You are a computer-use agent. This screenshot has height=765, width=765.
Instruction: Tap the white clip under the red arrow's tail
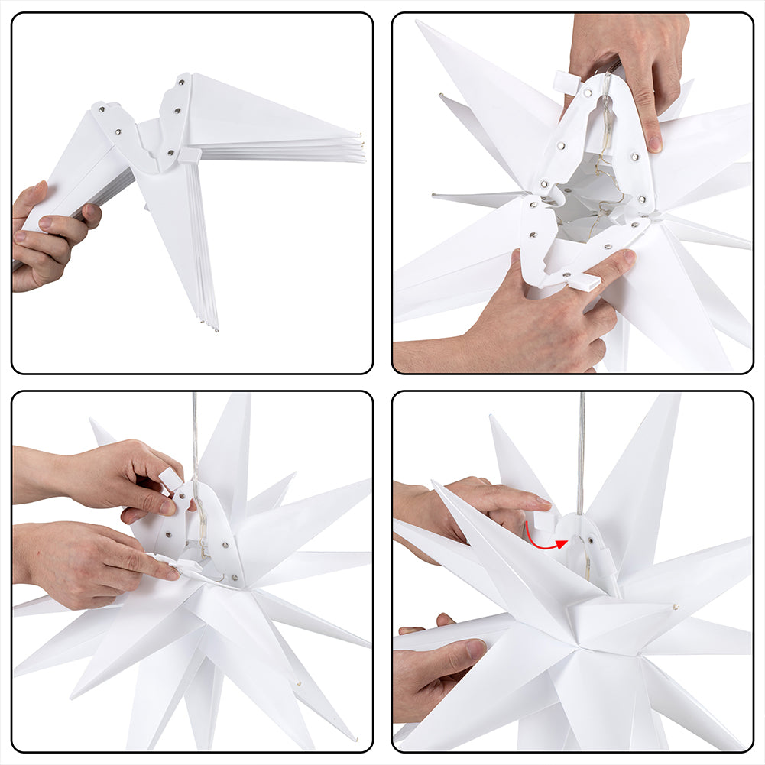click(x=543, y=521)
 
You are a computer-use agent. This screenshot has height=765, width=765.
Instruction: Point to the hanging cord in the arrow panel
click(x=582, y=451)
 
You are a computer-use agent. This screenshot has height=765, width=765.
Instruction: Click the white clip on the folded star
click(x=189, y=156)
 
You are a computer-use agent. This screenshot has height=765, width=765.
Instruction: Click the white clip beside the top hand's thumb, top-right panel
click(x=567, y=82)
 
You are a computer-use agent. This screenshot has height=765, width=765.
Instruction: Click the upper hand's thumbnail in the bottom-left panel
click(x=164, y=505)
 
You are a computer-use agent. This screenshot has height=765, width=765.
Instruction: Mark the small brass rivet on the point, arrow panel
click(x=676, y=607)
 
